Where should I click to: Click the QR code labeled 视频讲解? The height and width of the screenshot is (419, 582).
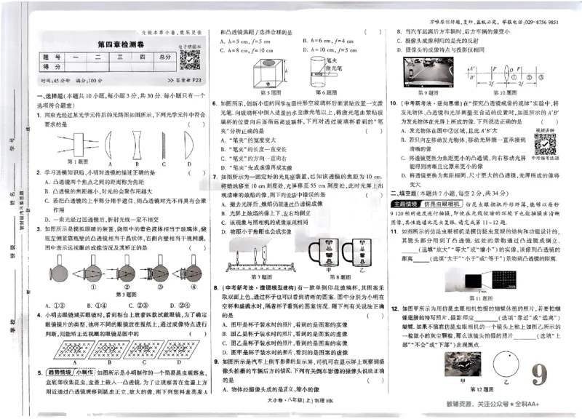545,142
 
